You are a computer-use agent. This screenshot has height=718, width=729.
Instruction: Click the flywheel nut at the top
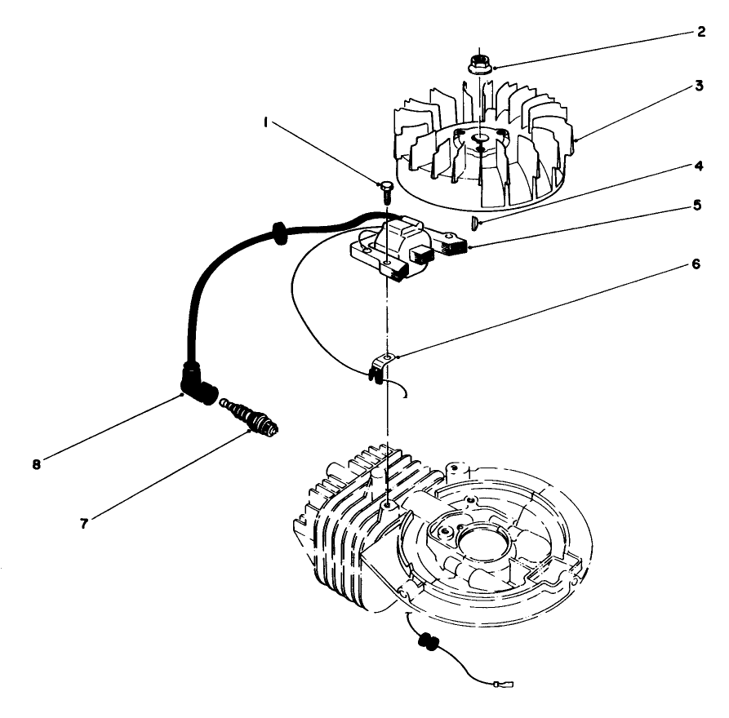pos(479,64)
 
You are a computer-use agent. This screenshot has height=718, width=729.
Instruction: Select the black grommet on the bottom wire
pos(426,642)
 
